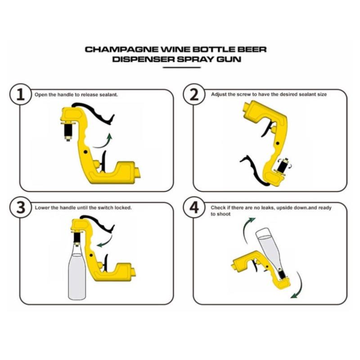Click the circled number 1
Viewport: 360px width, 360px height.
20,94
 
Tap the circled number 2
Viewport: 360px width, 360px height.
194,94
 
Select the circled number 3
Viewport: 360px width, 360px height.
20,208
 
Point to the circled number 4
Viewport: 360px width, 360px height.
194,208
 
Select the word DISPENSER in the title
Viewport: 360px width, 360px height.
143,59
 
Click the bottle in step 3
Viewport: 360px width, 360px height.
77,271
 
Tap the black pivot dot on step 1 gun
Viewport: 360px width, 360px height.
86,152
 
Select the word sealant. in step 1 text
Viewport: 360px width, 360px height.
108,94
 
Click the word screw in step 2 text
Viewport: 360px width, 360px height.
244,94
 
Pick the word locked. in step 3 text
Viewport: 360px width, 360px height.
123,208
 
